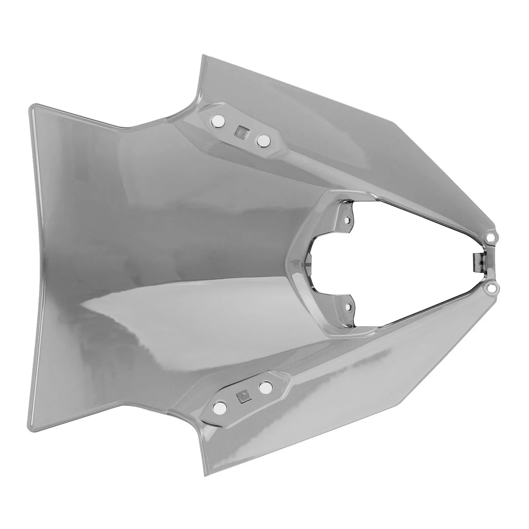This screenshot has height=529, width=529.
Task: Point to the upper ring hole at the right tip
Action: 491,237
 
